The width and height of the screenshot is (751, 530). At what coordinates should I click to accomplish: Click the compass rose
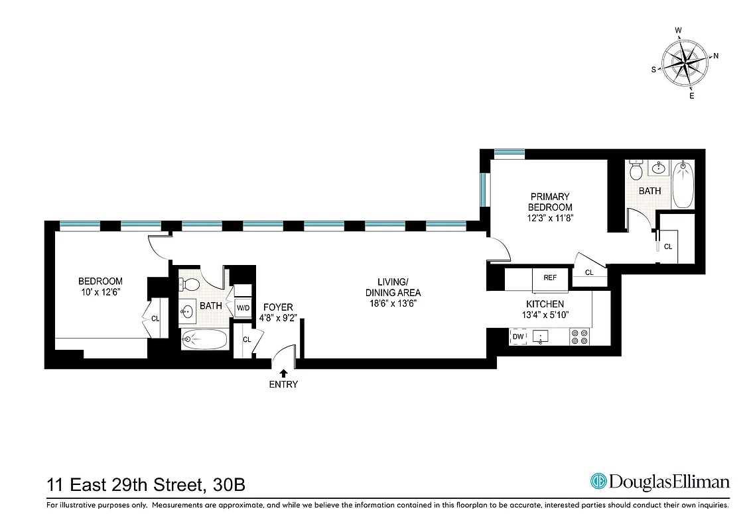coord(687,63)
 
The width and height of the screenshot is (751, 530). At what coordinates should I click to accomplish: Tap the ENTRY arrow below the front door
coord(284,374)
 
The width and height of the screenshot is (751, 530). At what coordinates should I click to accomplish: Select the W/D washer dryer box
coord(243,307)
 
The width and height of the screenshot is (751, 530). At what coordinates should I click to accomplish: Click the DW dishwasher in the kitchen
coord(517,337)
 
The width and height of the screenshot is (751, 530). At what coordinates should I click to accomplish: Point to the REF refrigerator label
coord(550,278)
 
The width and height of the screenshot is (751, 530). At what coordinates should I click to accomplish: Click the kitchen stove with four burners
coord(580,337)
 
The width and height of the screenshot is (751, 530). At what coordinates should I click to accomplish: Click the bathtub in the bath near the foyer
coord(204,340)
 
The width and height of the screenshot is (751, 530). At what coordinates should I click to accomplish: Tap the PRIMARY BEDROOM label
coord(550,202)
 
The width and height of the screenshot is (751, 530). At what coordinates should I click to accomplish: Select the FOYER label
coord(278,307)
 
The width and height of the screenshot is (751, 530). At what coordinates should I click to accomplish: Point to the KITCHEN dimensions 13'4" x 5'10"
coord(545,315)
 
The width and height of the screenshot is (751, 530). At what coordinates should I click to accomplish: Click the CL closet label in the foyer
coord(247,340)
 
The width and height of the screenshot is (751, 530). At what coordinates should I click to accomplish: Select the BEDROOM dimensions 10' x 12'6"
coord(100,291)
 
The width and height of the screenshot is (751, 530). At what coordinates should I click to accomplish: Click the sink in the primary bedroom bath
coord(659,168)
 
